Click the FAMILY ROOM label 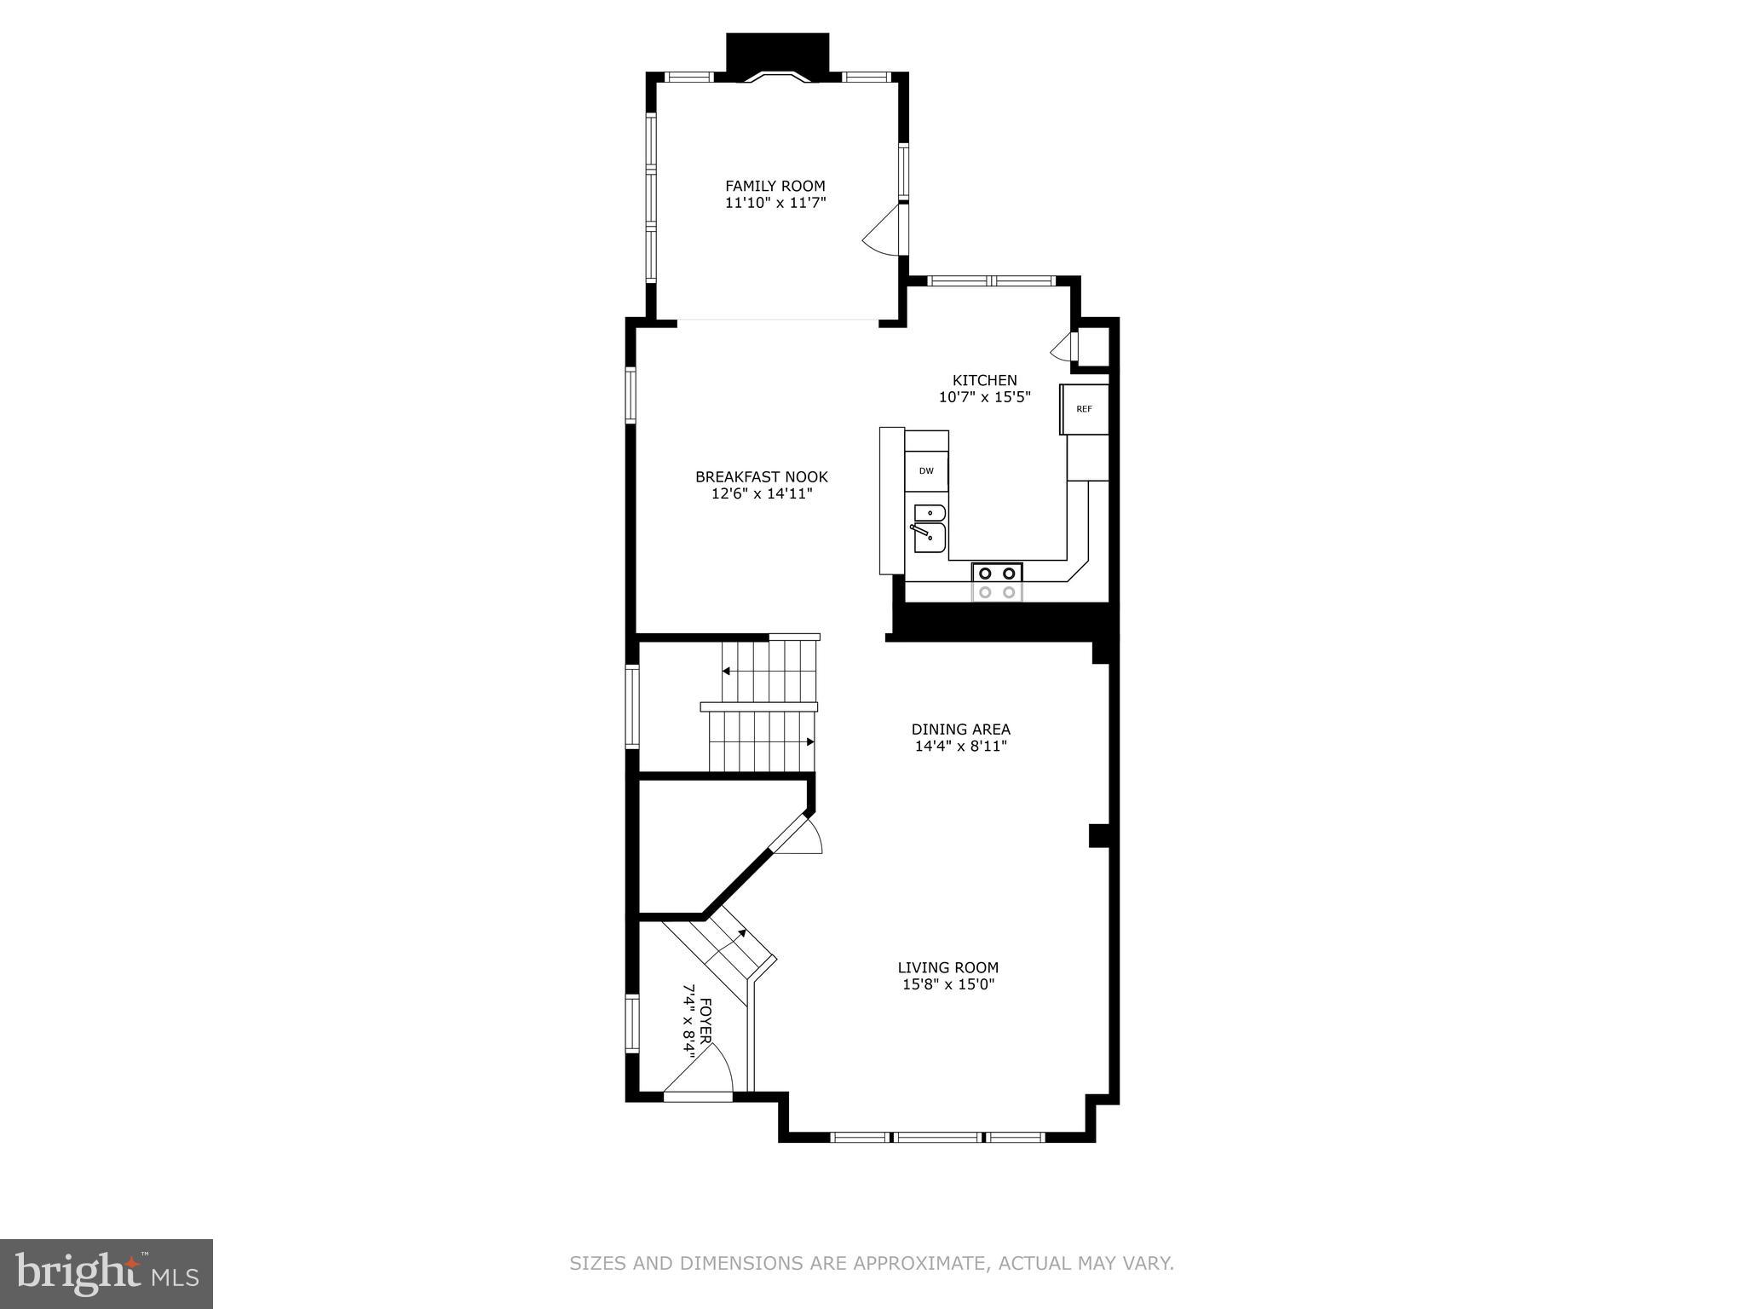[x=775, y=186]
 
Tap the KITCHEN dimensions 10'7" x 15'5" [x=984, y=397]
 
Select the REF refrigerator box [x=1084, y=409]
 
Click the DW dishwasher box [x=926, y=471]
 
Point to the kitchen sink [x=929, y=528]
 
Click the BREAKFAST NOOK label [x=761, y=477]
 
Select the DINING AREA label [x=960, y=729]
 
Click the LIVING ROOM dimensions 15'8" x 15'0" [x=947, y=984]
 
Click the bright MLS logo [x=106, y=1273]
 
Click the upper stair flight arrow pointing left [x=726, y=672]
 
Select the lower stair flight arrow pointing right [x=810, y=741]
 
